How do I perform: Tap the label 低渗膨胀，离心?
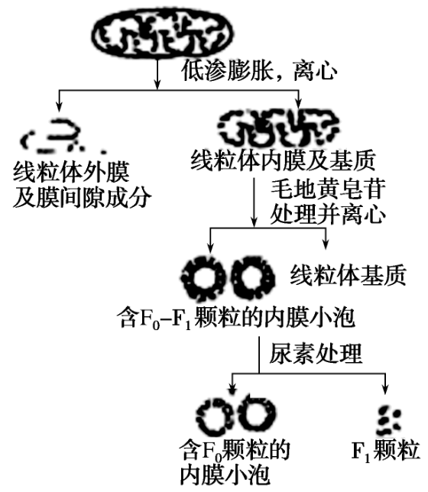point(259,71)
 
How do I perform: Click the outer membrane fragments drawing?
point(60,136)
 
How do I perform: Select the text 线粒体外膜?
point(71,172)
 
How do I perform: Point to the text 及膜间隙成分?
point(83,197)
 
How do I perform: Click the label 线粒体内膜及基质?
point(284,160)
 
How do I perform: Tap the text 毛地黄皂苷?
point(328,189)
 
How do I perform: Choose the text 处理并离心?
point(328,215)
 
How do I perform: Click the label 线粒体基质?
point(348,276)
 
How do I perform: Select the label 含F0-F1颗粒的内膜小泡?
point(236,318)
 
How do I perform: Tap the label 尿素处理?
point(316,354)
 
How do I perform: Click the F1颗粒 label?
point(385,451)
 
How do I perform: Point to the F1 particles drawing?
point(389,420)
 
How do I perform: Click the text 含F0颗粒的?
point(235,450)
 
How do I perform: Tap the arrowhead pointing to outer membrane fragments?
point(59,107)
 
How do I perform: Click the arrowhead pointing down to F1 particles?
point(385,389)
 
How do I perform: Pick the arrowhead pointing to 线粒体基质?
point(326,244)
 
